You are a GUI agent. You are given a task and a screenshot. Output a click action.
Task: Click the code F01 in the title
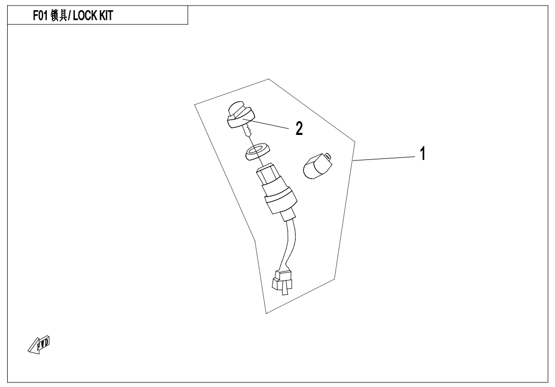point(40,16)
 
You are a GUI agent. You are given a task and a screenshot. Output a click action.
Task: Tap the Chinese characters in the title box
point(59,16)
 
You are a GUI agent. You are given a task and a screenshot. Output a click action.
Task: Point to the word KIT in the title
point(105,16)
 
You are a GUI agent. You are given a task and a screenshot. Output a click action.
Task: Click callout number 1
point(422,154)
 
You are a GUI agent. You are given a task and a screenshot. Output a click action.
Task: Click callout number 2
point(299,128)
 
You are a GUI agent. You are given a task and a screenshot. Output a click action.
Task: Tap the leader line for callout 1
point(384,159)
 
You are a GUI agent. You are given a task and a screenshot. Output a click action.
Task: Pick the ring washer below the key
point(256,151)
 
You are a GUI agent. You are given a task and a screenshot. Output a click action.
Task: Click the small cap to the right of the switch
point(317,165)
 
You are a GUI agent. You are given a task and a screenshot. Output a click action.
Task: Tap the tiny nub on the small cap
point(327,156)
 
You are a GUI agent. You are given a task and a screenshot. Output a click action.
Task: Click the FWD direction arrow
point(39,345)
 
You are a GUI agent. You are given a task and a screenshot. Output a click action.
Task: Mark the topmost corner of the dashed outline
point(268,79)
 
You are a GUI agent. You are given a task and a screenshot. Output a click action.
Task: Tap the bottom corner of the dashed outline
point(266,313)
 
